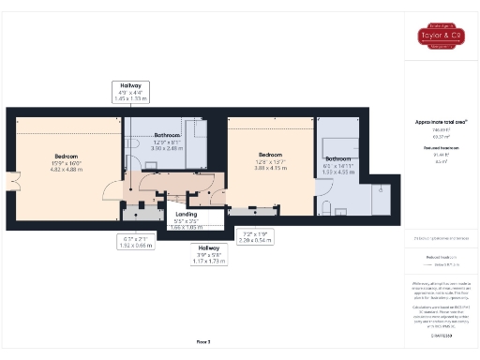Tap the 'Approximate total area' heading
coord(440,122)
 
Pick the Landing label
coord(174,198)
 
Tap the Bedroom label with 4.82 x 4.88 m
coord(66,160)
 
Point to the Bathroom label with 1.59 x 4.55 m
coord(338,162)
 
